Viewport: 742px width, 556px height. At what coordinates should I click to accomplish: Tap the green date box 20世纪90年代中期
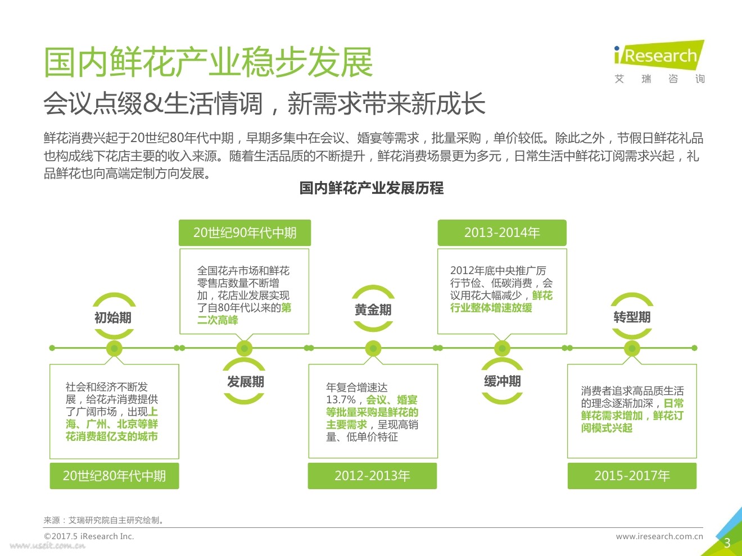(245, 233)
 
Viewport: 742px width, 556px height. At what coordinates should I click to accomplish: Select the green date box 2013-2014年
(502, 233)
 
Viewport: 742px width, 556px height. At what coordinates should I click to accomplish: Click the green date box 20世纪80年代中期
(114, 476)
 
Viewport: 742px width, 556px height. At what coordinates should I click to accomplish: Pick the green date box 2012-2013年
(372, 476)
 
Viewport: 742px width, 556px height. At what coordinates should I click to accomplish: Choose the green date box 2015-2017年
(632, 476)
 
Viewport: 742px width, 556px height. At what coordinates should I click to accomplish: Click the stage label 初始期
(113, 318)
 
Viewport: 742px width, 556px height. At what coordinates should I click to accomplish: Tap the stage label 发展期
(245, 382)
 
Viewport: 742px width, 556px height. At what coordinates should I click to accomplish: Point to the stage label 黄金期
(373, 310)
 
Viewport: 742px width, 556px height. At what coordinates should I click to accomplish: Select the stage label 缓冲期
(502, 382)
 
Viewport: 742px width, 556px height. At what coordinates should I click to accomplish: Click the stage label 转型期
(632, 317)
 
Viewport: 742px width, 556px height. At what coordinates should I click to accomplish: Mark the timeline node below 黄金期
(373, 348)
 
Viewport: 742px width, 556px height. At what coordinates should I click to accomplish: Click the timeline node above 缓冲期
(502, 348)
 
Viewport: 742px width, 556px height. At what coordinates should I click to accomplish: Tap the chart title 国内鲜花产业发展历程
(371, 188)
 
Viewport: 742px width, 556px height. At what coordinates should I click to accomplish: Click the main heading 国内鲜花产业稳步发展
(209, 62)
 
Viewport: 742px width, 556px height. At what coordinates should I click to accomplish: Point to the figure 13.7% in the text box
(341, 400)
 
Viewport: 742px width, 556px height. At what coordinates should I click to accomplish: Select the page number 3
(727, 543)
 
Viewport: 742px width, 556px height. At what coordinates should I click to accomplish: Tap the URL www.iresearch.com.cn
(659, 536)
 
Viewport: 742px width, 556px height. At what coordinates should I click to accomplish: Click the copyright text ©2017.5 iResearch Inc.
(89, 536)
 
